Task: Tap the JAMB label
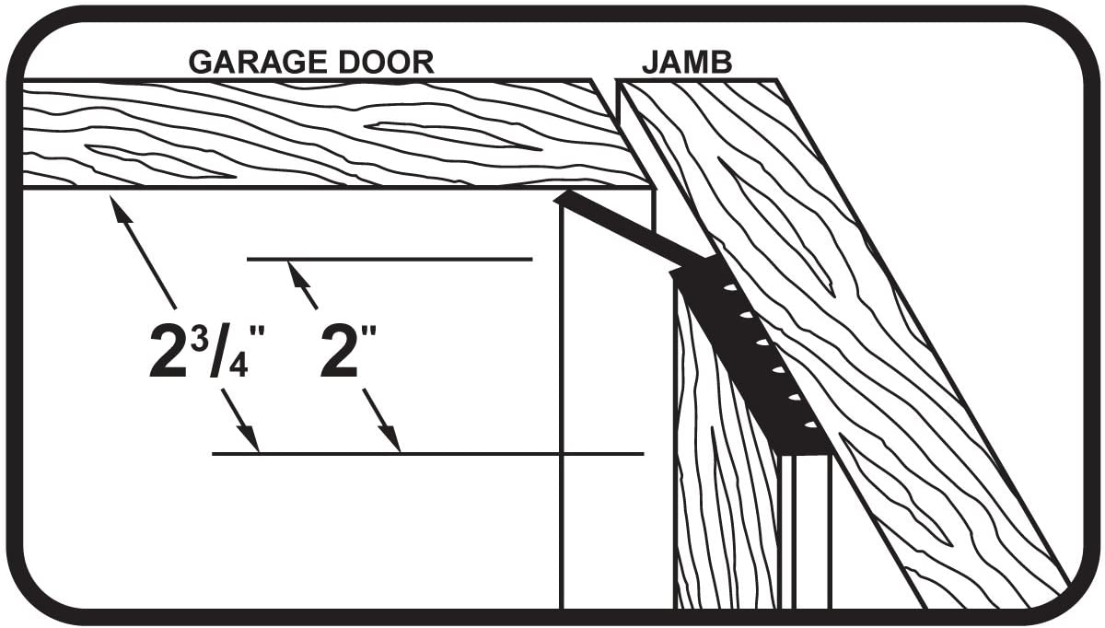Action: coord(687,63)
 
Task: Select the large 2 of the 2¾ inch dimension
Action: coord(169,351)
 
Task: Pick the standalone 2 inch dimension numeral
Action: coord(339,351)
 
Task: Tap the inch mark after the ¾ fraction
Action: coord(258,332)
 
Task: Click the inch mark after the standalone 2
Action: coord(368,332)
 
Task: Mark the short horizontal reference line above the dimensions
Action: coord(390,259)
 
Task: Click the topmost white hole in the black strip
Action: coord(730,286)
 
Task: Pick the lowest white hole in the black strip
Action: coord(810,424)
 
